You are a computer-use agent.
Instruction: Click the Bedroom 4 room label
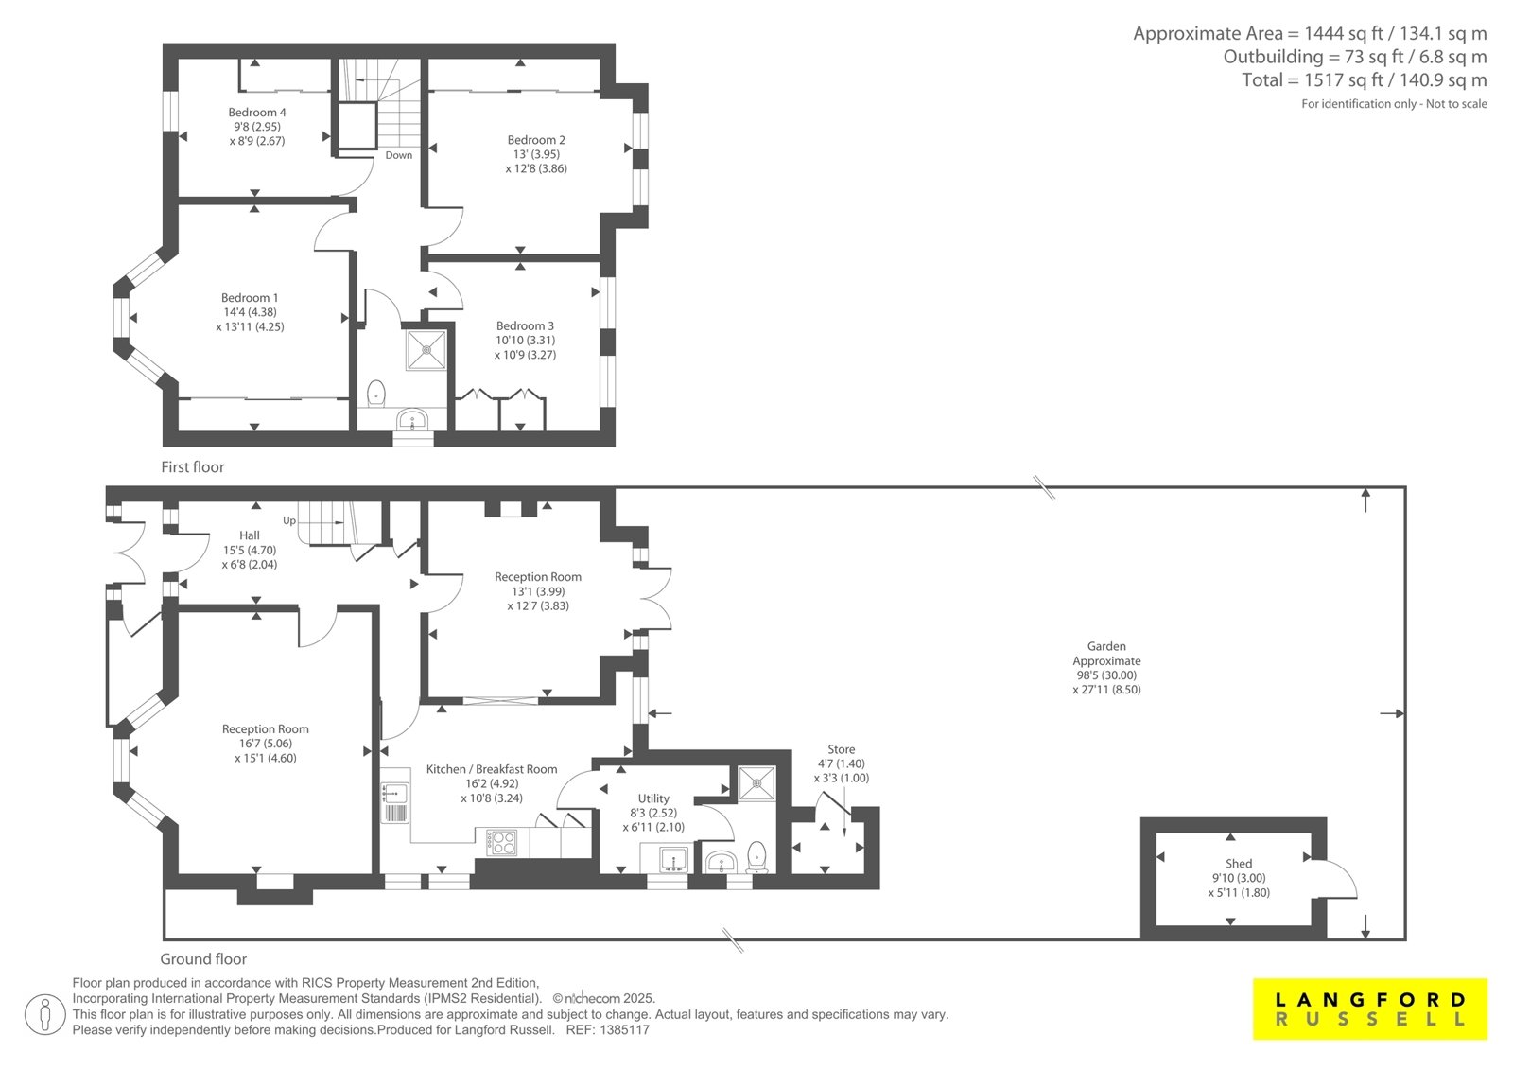[256, 113]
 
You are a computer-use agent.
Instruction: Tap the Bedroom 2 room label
[536, 140]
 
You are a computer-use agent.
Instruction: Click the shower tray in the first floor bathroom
[426, 350]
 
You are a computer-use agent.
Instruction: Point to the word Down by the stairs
[398, 155]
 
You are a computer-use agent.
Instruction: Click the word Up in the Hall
[289, 520]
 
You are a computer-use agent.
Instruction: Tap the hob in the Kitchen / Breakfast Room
[502, 842]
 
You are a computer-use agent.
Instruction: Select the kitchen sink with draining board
[395, 801]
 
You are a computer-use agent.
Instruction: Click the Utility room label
[653, 798]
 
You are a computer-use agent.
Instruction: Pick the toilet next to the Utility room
[757, 856]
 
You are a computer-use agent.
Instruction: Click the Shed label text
[1239, 863]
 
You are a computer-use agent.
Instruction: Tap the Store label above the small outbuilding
[841, 749]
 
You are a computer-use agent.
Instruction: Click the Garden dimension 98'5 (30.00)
[1106, 675]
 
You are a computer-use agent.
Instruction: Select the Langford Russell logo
[1370, 1009]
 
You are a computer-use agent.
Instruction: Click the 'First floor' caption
[193, 467]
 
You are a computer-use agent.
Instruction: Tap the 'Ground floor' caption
[203, 959]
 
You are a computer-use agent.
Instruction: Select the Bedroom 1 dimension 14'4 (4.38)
[250, 312]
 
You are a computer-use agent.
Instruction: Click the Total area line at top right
[1365, 80]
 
